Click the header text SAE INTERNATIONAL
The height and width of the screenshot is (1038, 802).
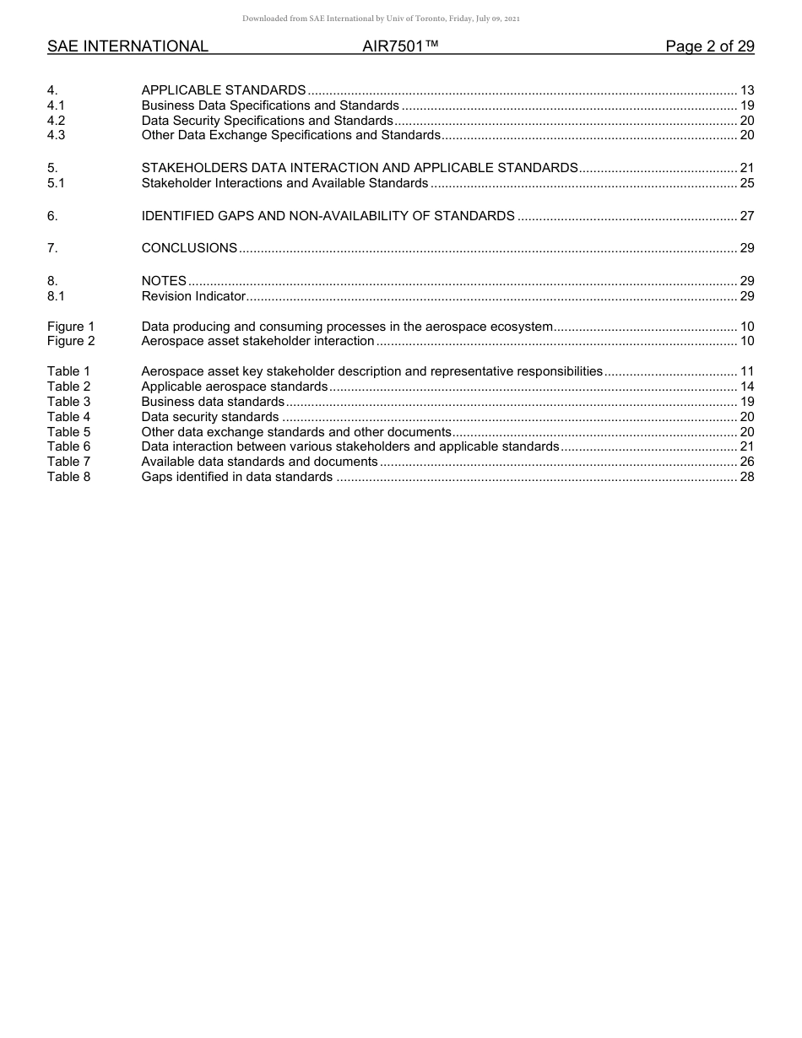tap(127, 46)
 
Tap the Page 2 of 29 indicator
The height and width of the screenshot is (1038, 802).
tap(709, 46)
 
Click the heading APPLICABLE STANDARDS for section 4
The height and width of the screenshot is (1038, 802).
tap(224, 90)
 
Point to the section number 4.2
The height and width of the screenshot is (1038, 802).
tap(56, 121)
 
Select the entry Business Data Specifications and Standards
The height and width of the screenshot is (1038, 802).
tap(270, 105)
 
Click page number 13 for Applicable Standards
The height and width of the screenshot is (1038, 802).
tap(746, 90)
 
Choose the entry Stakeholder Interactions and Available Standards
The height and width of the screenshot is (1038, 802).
tap(284, 183)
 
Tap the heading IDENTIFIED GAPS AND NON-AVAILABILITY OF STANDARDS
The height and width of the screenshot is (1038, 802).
tap(328, 216)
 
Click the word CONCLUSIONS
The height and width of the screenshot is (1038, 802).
tap(189, 248)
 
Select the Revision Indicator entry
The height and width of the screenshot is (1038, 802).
tap(193, 296)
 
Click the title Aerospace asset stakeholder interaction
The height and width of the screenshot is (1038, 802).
tap(257, 341)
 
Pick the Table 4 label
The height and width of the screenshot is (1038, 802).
tap(68, 417)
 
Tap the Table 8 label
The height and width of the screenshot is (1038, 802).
tap(68, 477)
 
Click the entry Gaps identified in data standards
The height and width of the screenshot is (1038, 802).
tap(236, 477)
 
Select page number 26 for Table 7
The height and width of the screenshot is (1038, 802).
tap(746, 462)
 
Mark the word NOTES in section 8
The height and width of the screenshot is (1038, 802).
tap(164, 281)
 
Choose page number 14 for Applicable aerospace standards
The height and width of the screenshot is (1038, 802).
tap(746, 387)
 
